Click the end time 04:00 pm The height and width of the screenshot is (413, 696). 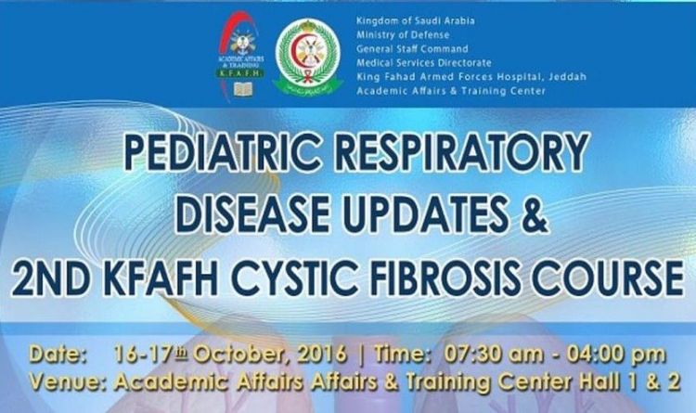tap(612, 355)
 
